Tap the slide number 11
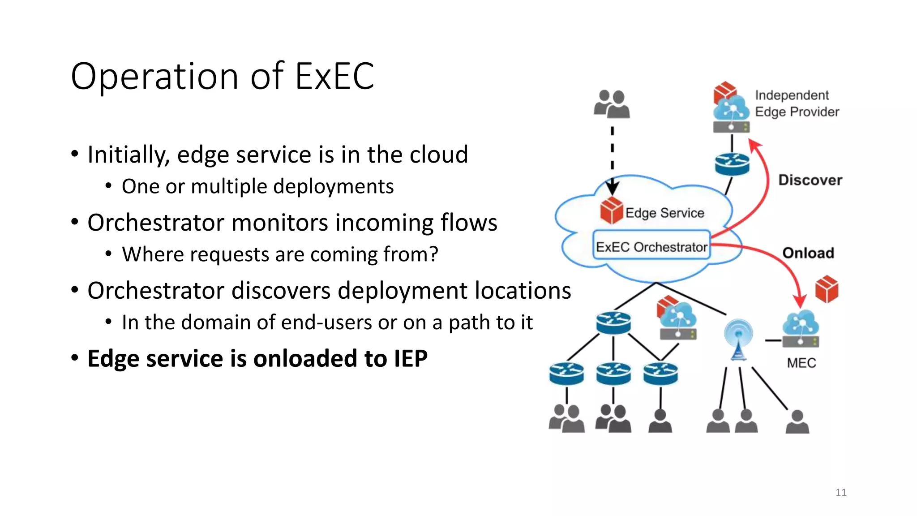[841, 493]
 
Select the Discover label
[810, 180]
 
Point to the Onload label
[808, 253]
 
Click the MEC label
[801, 363]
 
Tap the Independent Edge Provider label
[797, 103]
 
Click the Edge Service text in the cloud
[664, 213]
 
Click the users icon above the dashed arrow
[612, 104]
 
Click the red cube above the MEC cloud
[827, 289]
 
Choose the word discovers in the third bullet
[290, 291]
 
